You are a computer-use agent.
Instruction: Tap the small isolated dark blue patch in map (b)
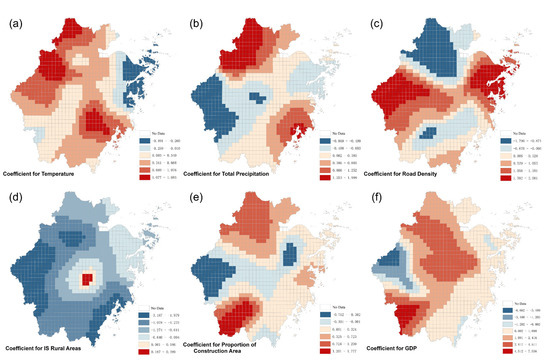[258, 98]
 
